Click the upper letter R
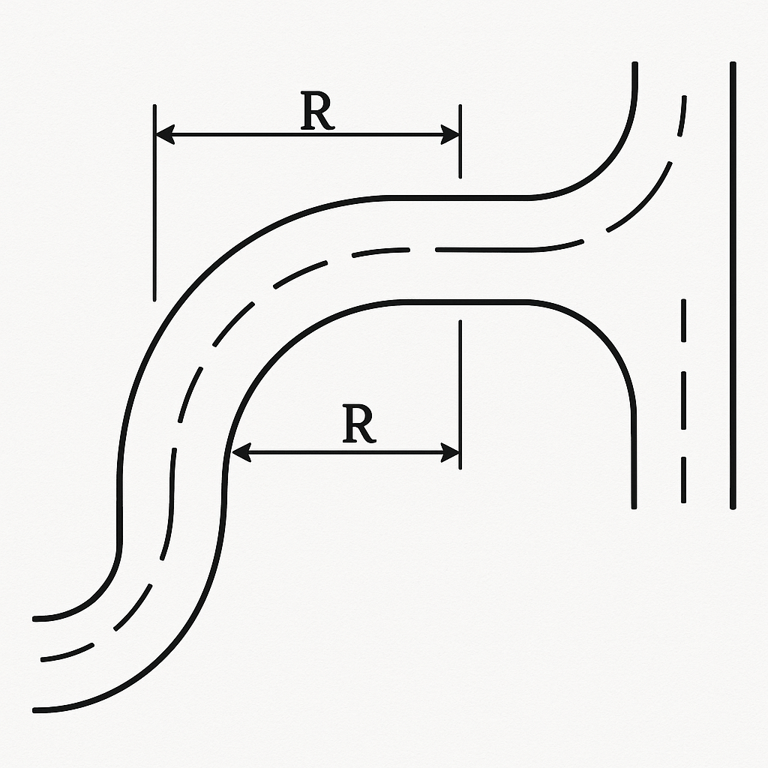[x=317, y=113]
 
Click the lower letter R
[x=359, y=425]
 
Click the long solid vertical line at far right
[x=732, y=285]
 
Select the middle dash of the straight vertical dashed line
[x=683, y=402]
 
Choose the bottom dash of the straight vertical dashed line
[x=683, y=480]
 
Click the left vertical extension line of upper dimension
[x=154, y=202]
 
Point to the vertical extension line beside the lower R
[x=460, y=394]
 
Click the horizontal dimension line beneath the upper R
[x=307, y=135]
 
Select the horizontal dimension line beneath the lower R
[x=345, y=451]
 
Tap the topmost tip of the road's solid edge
[x=635, y=65]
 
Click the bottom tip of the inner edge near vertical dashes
[x=634, y=507]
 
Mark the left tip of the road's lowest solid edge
[x=35, y=709]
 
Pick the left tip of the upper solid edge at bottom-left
[x=35, y=619]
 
